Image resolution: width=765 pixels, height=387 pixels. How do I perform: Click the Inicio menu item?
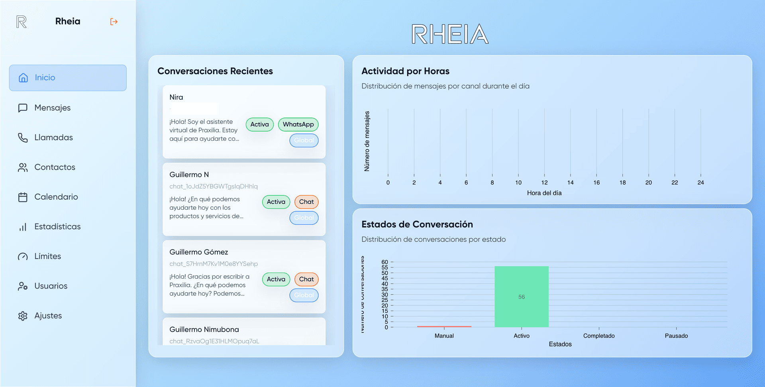68,78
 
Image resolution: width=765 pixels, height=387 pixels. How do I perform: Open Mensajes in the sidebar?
52,108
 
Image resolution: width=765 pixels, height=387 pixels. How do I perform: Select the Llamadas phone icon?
23,138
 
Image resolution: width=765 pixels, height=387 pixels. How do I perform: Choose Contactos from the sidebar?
55,167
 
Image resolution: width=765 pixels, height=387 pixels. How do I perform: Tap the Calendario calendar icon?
23,197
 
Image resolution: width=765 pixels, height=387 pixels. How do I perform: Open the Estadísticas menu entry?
57,227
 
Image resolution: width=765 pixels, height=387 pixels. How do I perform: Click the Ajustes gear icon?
23,316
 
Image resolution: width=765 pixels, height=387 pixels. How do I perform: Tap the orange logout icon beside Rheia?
114,22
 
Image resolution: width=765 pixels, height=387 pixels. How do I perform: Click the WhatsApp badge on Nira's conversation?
298,124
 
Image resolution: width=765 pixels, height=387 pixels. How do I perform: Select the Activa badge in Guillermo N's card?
276,202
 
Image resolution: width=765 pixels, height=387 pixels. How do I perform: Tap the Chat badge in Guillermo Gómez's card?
306,279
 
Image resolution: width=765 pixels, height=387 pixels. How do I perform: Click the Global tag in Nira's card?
304,140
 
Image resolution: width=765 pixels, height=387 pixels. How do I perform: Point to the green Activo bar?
521,297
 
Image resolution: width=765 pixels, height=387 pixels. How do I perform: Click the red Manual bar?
444,326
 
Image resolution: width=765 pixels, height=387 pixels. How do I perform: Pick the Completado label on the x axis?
598,336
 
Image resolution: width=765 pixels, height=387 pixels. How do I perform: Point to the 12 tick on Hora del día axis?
544,183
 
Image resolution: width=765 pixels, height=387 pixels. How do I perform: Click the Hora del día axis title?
544,193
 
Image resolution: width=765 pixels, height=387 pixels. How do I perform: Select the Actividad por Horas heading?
405,71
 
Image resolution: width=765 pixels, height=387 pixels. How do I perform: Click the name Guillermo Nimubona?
204,330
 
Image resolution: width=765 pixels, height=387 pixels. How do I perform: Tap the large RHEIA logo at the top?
450,34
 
